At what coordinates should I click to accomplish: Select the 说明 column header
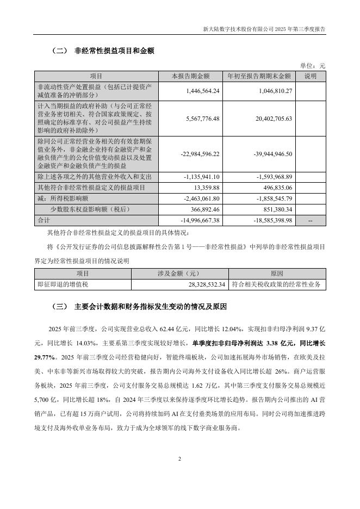point(311,76)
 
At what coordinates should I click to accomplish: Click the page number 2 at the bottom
point(179,459)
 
